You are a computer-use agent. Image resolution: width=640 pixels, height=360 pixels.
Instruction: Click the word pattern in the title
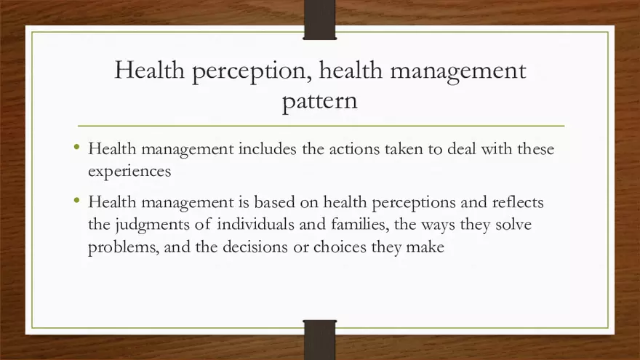coord(319,101)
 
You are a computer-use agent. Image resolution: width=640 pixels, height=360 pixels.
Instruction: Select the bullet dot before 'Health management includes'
coord(77,148)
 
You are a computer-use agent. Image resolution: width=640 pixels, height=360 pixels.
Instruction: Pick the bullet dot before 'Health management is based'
coord(77,200)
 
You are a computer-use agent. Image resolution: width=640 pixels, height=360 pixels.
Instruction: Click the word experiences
coord(129,172)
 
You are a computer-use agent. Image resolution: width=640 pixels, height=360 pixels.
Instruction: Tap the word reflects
coord(513,201)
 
